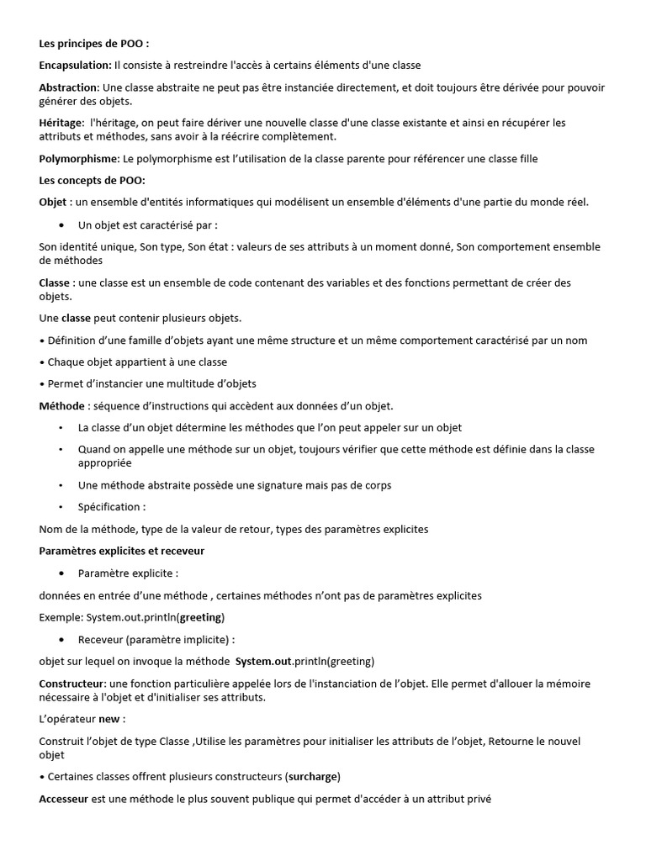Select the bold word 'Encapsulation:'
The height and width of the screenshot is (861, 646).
[x=75, y=65]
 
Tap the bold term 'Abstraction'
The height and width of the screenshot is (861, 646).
[x=69, y=87]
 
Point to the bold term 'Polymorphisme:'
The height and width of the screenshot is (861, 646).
[x=80, y=158]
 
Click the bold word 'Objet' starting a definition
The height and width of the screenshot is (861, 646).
[x=52, y=202]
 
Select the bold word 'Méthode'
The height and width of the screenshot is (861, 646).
[x=62, y=406]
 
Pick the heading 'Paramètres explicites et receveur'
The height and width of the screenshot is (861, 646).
[x=122, y=551]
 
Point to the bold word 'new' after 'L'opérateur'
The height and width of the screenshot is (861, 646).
[x=109, y=719]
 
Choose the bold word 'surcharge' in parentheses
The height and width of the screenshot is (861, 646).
[x=312, y=776]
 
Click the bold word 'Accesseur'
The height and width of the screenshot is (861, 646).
[x=64, y=800]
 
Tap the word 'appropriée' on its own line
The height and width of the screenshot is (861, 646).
[x=105, y=462]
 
